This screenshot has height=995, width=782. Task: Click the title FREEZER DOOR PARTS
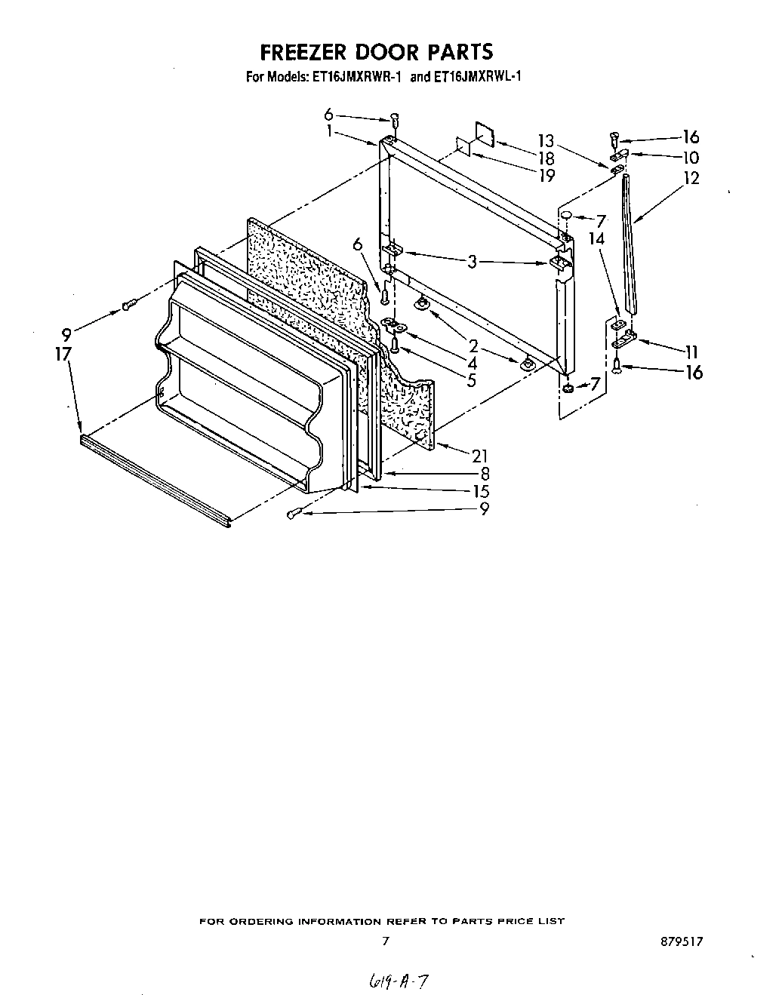coord(377,51)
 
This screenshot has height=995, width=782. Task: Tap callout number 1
coord(330,131)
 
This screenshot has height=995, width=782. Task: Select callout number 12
coord(691,178)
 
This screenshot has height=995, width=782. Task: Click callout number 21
coord(479,455)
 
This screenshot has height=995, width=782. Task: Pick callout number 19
coord(546,175)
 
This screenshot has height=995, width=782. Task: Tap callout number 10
coord(691,158)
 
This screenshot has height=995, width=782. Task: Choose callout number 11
coord(691,351)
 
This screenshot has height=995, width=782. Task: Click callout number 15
coord(480,490)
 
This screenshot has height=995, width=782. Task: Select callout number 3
coord(473,262)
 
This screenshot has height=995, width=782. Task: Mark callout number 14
coord(597,238)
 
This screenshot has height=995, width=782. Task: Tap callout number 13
coord(546,140)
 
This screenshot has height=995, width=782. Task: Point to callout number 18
coord(546,158)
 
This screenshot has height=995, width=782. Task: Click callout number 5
coord(471,381)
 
